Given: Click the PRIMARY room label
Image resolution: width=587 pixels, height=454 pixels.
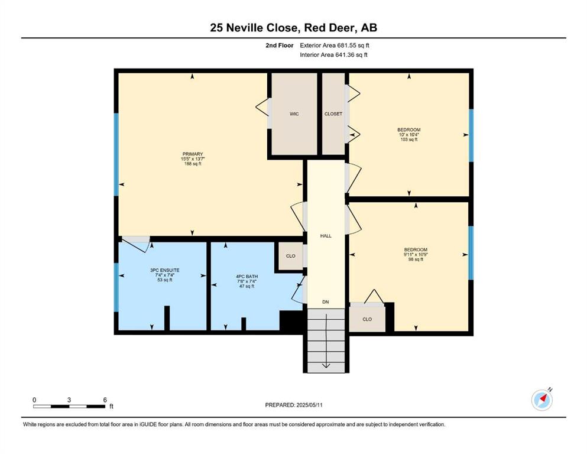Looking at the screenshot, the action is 193,154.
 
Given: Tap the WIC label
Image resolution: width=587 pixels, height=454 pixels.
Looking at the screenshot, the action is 294,113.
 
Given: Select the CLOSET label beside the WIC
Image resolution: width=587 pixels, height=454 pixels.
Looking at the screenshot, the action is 333,113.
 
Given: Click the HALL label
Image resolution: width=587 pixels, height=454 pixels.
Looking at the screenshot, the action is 326,236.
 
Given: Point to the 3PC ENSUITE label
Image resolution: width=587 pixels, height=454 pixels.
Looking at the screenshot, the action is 165,270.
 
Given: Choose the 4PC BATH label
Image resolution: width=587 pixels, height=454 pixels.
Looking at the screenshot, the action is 247,277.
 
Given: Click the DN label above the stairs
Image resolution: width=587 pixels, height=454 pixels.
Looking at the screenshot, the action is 326,301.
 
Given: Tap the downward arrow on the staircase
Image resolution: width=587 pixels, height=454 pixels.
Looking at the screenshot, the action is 326,340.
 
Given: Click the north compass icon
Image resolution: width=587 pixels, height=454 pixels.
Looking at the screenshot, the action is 541,400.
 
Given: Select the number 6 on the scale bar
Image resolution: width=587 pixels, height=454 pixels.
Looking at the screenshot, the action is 105,400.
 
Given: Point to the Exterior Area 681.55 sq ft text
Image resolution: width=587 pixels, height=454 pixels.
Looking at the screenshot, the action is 335,46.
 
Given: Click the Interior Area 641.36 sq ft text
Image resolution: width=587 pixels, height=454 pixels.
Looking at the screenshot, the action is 333,54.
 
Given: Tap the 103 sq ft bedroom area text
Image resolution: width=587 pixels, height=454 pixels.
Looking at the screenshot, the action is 409,140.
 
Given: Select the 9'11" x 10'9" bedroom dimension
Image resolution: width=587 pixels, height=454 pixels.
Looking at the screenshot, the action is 416,255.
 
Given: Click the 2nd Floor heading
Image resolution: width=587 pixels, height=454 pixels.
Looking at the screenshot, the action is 280,46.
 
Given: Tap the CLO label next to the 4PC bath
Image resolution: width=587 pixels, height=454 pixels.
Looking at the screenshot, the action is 290,256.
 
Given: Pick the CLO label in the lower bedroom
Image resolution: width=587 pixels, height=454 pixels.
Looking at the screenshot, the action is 367,319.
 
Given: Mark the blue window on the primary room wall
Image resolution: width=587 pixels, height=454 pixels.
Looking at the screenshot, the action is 116,154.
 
